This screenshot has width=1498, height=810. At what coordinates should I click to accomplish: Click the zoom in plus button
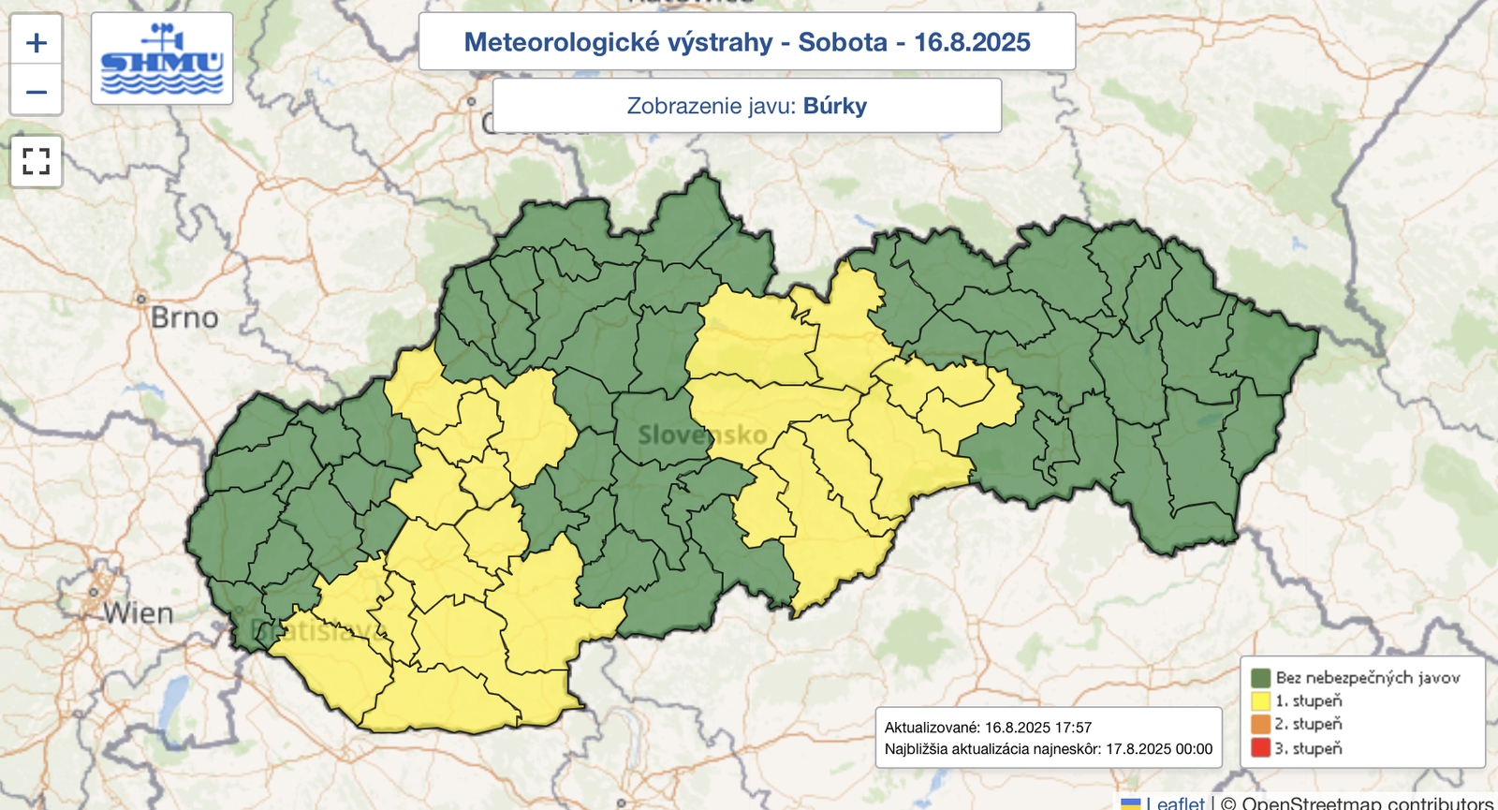click(x=37, y=43)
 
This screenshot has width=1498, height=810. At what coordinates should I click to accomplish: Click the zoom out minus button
click(x=37, y=92)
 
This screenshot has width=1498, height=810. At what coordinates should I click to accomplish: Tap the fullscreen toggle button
click(x=37, y=161)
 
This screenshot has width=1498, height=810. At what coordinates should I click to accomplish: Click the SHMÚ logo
click(x=162, y=59)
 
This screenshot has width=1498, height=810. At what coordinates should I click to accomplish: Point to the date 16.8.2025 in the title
click(x=972, y=42)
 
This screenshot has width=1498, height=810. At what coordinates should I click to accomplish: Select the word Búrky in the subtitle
click(x=834, y=106)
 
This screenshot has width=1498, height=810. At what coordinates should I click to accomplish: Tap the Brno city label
click(x=184, y=318)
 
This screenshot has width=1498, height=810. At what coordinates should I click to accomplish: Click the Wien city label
click(x=139, y=613)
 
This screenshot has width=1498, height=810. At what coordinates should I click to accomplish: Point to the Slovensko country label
click(x=702, y=434)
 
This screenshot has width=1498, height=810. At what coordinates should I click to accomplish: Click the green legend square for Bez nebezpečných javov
click(x=1260, y=677)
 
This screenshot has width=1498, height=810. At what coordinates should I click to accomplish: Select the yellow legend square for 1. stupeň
click(x=1260, y=700)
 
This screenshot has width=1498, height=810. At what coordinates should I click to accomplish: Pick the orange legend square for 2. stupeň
click(x=1260, y=724)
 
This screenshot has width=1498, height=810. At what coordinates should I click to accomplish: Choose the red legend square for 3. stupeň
click(x=1260, y=748)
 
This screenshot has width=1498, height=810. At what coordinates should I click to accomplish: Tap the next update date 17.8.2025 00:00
click(x=1158, y=749)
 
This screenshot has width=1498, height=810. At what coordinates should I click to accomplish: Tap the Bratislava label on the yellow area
click(x=318, y=630)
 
